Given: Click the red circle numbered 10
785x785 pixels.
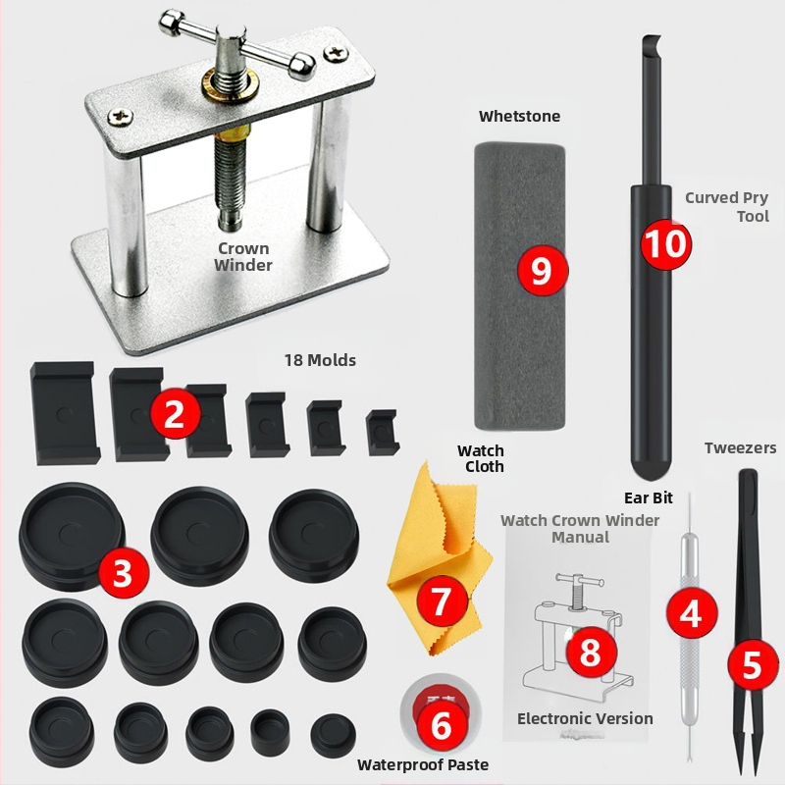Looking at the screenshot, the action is (x=666, y=243).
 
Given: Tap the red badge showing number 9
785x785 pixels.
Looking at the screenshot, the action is (x=543, y=271).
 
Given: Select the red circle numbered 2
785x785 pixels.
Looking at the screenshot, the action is (x=175, y=413).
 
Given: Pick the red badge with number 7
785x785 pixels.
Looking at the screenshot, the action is (x=442, y=601).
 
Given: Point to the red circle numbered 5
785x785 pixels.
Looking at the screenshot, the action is (x=752, y=665).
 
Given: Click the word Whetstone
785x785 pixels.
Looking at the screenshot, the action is (x=519, y=116).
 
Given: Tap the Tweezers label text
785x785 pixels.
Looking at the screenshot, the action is (x=741, y=448).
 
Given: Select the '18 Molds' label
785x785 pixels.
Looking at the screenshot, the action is (x=321, y=360).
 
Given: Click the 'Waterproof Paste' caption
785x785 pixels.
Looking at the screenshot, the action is (x=423, y=765).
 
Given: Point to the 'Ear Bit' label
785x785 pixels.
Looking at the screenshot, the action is (x=649, y=497).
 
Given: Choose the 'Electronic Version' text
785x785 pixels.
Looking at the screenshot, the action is (x=585, y=719).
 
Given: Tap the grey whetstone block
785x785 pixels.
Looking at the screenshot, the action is (x=520, y=286).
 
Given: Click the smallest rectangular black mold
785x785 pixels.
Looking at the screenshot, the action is (x=383, y=433).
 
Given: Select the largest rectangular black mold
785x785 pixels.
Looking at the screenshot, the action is (x=64, y=413).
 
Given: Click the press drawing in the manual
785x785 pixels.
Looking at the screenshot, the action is (x=578, y=637).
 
